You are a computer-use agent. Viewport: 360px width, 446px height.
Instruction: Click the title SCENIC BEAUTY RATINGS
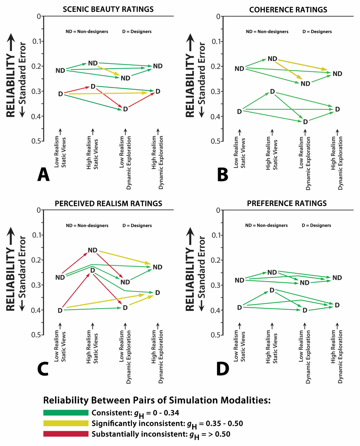click(108, 9)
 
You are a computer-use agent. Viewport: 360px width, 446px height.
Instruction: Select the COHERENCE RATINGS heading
click(288, 10)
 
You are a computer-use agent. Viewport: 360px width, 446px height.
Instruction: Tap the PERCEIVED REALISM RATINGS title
click(108, 204)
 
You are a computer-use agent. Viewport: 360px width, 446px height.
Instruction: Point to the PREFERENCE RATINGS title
click(287, 203)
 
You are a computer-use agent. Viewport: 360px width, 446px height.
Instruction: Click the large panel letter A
click(44, 175)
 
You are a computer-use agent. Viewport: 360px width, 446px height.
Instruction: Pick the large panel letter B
click(222, 175)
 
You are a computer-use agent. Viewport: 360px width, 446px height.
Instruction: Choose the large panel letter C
click(43, 369)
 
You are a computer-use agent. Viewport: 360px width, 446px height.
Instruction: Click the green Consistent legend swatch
click(66, 413)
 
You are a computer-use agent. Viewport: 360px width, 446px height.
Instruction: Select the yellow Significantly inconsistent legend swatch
click(66, 423)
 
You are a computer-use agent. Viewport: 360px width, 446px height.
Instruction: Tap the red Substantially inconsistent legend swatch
click(66, 434)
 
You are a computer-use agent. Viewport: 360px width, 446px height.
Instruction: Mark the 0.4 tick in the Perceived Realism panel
click(38, 310)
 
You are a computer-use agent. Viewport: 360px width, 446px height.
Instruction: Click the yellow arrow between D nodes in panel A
click(108, 93)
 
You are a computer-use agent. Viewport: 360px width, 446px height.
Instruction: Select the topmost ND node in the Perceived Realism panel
click(93, 250)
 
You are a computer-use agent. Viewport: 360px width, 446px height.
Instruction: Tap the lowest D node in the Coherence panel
click(305, 122)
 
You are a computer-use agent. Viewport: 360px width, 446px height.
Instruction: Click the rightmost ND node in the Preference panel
click(337, 278)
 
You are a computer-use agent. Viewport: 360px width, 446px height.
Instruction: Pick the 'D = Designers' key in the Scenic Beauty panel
click(137, 32)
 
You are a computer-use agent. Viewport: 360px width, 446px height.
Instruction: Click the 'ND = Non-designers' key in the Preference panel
click(266, 225)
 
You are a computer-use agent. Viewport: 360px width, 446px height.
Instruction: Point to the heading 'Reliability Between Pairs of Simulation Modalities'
click(157, 400)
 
